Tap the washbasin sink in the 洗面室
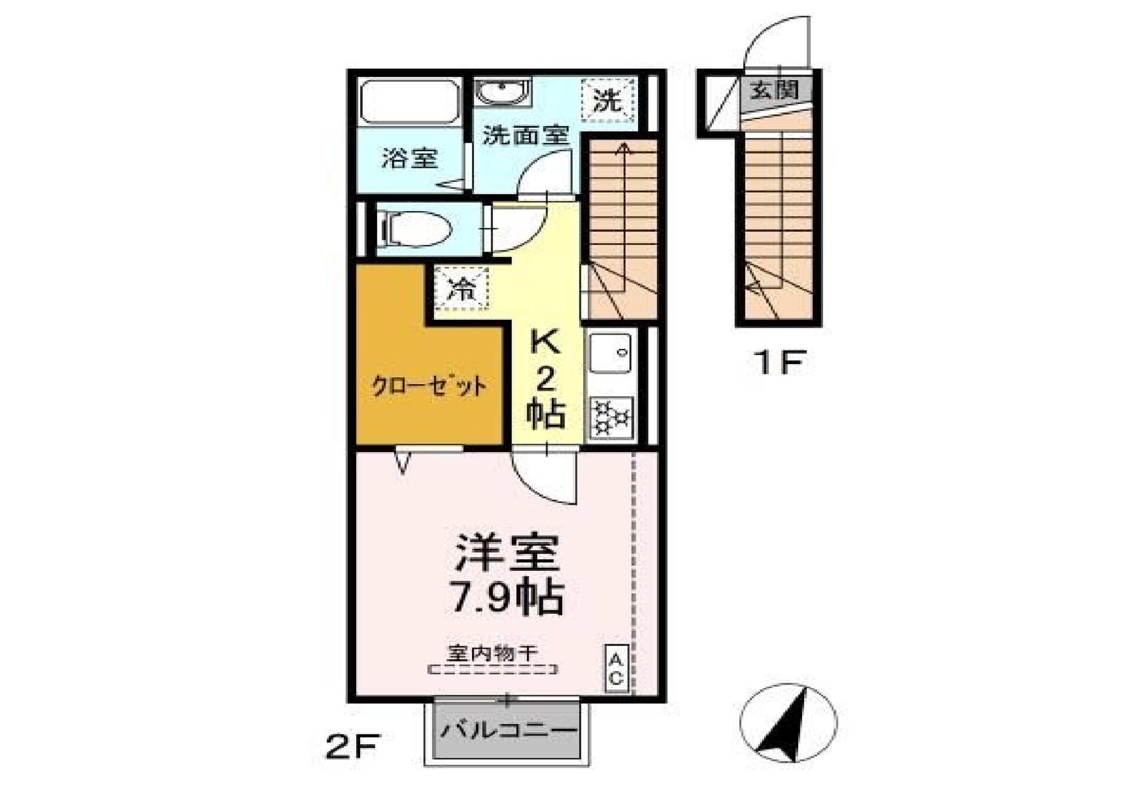(502, 93)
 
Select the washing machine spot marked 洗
(608, 100)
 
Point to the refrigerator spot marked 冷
(462, 289)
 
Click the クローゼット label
(429, 387)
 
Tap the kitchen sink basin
(610, 353)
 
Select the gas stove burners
(611, 417)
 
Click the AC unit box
(617, 669)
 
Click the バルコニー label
(508, 730)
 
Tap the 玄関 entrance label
(774, 90)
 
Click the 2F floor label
(353, 746)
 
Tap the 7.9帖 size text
(507, 596)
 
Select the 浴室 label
(410, 158)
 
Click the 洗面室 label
(525, 135)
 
